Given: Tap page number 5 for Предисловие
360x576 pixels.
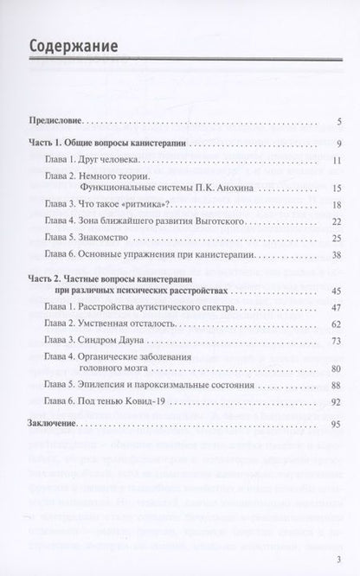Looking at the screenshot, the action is pyautogui.click(x=340, y=121).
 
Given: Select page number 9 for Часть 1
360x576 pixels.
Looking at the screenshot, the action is pyautogui.click(x=340, y=144).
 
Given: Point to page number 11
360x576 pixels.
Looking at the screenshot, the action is pyautogui.click(x=338, y=160).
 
